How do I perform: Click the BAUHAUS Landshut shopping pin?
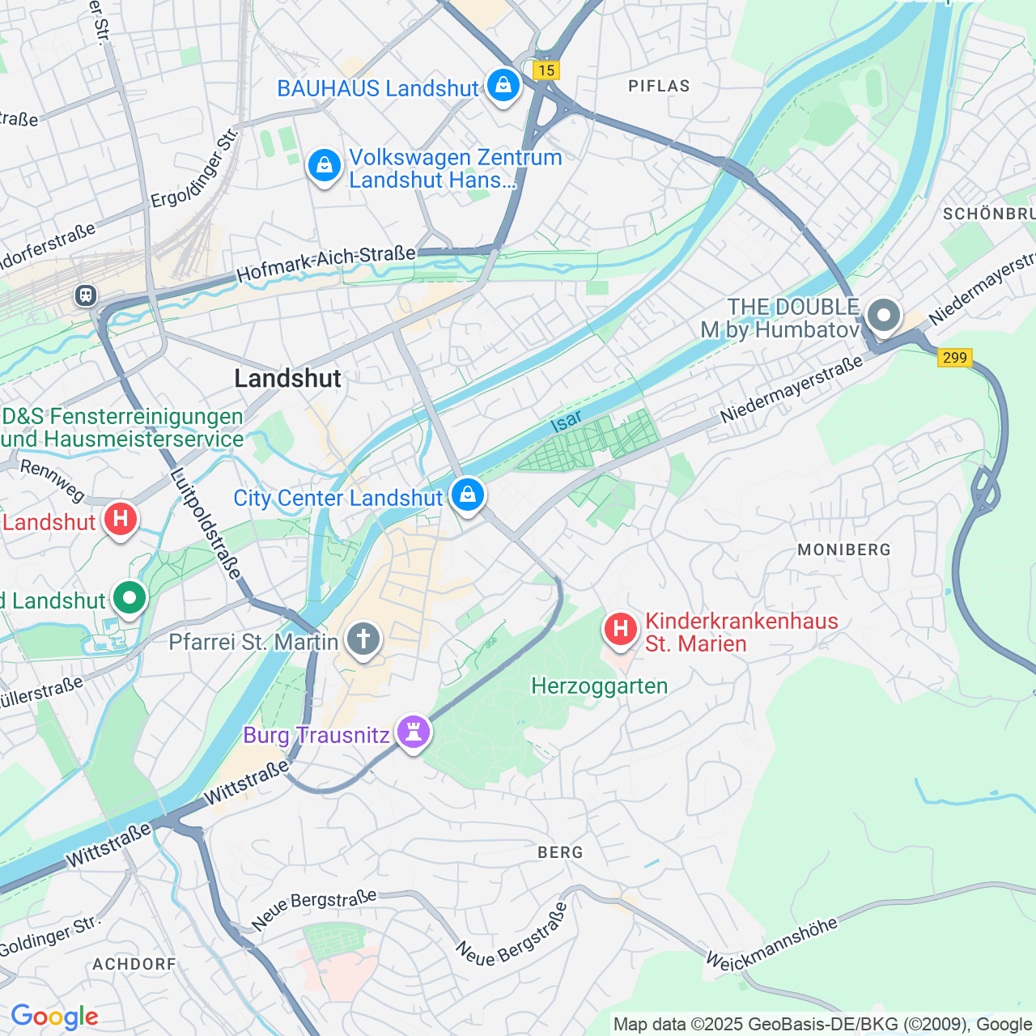[503, 85]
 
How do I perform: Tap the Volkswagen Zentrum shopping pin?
[324, 167]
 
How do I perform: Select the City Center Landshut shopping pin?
[467, 495]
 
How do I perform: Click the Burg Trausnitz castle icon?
[414, 732]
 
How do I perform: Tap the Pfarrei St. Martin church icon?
[363, 640]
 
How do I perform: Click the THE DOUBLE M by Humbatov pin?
[883, 316]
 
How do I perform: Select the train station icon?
[86, 296]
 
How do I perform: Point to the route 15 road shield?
[546, 70]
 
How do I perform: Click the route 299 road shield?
[954, 357]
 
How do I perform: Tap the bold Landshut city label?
[287, 378]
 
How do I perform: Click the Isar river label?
[566, 421]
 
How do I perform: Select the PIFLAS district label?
[659, 86]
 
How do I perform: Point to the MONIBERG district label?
[843, 550]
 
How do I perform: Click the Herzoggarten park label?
[599, 686]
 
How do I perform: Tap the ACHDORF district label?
[134, 964]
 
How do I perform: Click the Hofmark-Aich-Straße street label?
[326, 264]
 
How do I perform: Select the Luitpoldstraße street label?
[206, 524]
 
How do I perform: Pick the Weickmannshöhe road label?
[771, 944]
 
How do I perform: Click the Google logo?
[54, 1017]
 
